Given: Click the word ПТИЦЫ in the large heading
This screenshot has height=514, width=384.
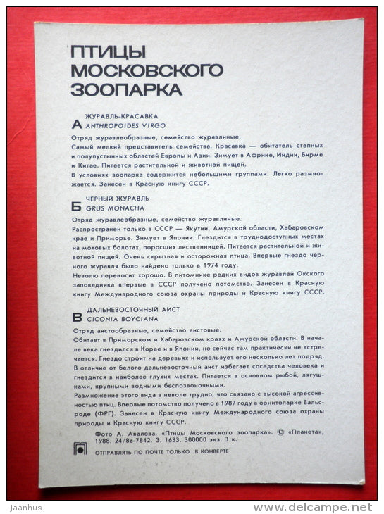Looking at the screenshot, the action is (x=107, y=51).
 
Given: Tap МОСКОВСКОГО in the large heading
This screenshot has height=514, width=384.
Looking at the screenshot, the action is (x=147, y=70).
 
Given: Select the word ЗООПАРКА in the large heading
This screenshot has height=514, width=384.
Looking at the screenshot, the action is (x=126, y=89).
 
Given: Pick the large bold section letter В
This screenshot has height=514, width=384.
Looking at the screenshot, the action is (x=77, y=318).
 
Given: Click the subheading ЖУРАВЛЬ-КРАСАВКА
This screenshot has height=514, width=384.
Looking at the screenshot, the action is (x=121, y=115).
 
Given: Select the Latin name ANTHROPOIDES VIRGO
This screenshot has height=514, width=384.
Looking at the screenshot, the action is (x=125, y=125).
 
